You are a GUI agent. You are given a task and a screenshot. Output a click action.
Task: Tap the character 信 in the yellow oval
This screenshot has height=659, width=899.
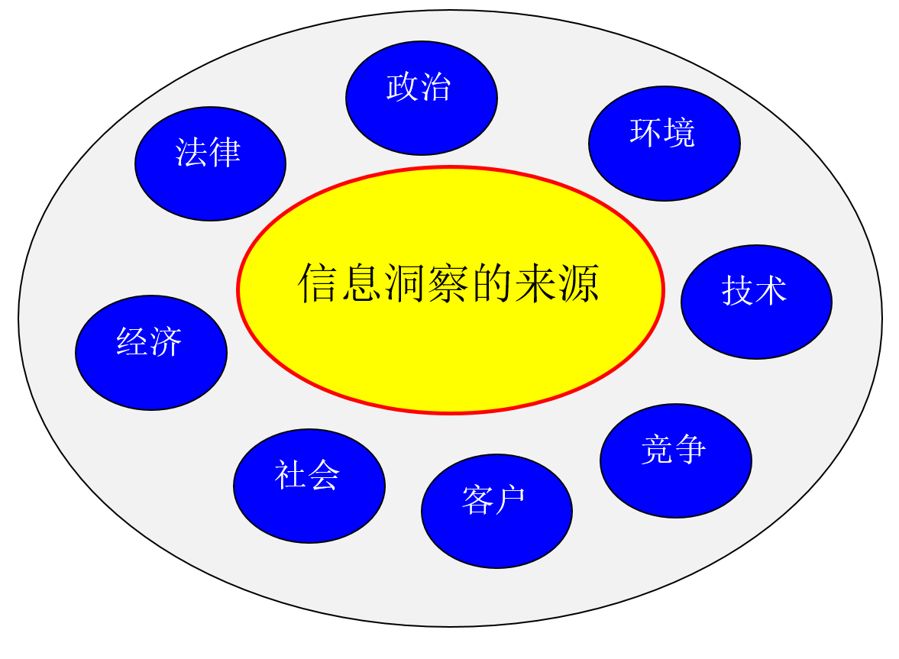click(316, 283)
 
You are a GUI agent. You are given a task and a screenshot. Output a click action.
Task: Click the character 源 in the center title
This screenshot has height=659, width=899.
click(581, 283)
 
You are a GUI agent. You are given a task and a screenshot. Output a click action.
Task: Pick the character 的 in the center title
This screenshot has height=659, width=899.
click(493, 283)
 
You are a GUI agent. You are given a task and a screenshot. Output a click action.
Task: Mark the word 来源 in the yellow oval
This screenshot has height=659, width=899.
click(558, 283)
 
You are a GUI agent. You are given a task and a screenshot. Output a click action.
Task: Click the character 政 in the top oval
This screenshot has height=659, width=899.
click(403, 87)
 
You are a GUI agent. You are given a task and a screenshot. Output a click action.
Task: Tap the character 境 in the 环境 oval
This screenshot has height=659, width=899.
click(679, 133)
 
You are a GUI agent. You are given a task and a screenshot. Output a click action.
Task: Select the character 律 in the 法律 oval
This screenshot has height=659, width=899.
click(225, 153)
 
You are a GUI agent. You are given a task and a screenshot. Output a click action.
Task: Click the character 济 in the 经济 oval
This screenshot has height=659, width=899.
click(167, 342)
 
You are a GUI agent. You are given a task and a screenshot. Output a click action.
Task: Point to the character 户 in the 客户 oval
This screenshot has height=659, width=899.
click(509, 500)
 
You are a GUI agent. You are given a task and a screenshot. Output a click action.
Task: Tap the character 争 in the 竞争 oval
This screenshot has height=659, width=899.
click(690, 449)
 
